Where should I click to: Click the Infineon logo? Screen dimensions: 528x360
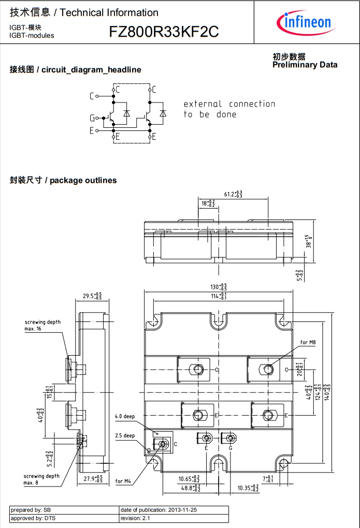pyautogui.click(x=306, y=22)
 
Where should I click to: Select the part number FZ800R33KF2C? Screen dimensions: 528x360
pyautogui.click(x=164, y=32)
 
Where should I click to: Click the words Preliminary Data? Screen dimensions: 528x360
pyautogui.click(x=305, y=65)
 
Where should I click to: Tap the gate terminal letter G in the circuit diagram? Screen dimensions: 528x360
pyautogui.click(x=92, y=118)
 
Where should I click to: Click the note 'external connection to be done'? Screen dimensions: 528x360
pyautogui.click(x=229, y=109)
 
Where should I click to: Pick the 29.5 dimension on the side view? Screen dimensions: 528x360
pyautogui.click(x=92, y=296)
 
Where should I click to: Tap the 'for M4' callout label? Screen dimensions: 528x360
pyautogui.click(x=123, y=481)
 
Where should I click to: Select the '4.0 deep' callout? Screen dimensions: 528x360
pyautogui.click(x=125, y=416)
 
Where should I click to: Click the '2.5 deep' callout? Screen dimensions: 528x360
pyautogui.click(x=125, y=435)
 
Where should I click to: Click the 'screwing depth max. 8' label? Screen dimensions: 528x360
pyautogui.click(x=41, y=479)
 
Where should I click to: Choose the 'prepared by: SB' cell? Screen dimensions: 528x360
pyautogui.click(x=31, y=510)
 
